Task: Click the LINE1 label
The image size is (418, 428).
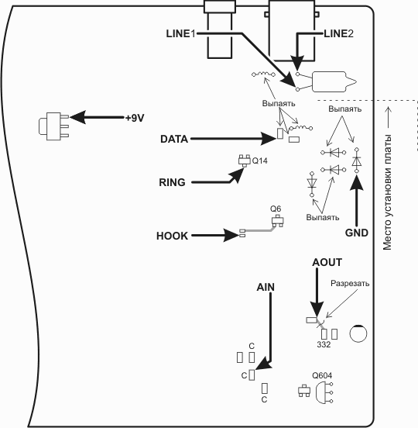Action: (181, 33)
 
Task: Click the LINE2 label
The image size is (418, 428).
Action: (339, 33)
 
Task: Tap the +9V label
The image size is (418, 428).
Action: (135, 118)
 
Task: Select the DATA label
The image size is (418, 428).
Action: (174, 139)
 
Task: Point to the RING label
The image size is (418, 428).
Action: (172, 182)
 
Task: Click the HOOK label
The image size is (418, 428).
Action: (172, 236)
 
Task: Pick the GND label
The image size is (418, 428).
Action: (357, 233)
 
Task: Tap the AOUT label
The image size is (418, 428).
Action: (327, 262)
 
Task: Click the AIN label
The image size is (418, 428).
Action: (266, 287)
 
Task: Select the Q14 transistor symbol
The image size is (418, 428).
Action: (245, 160)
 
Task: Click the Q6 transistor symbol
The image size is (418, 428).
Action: (277, 221)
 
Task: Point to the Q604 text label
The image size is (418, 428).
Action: (322, 375)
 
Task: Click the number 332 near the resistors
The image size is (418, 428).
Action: (324, 344)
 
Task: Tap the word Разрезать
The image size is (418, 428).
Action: (350, 283)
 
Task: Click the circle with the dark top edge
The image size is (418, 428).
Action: (358, 333)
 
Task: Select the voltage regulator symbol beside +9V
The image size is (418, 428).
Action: (53, 126)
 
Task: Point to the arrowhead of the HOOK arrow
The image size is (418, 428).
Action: (231, 235)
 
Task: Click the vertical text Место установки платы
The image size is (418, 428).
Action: (387, 192)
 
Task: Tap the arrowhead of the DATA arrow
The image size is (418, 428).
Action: (269, 139)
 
